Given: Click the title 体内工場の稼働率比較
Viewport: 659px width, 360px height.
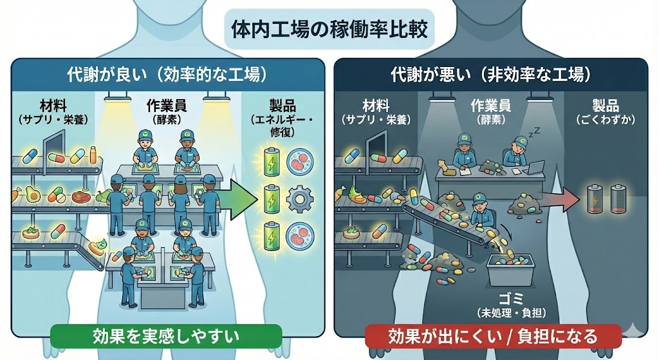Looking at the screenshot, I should click(x=329, y=31).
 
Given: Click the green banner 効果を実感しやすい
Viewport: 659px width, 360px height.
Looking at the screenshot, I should click(x=166, y=336).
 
